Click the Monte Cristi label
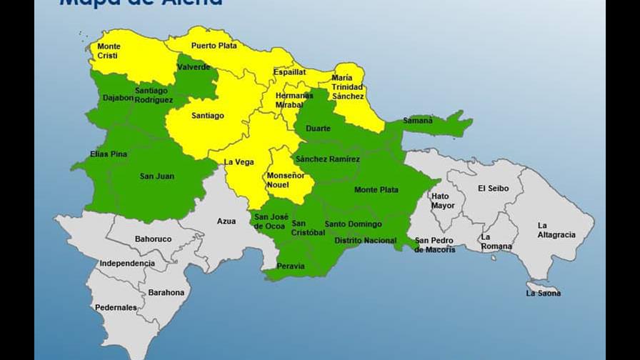pos(109,51)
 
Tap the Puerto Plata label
pos(214,46)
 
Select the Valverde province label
pos(194,67)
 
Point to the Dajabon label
pos(118,98)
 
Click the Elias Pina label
pos(109,154)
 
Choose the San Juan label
pos(156,176)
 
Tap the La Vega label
pos(239,162)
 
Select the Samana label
pos(418,121)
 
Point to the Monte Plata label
pos(376,190)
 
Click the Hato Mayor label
pos(443,201)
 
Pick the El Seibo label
pos(493,189)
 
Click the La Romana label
pos(496,241)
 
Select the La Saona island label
pos(543,293)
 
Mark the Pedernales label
pos(116,308)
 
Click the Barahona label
pos(166,293)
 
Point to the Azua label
pos(226,221)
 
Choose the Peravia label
pos(290,266)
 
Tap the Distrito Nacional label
pos(365,241)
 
